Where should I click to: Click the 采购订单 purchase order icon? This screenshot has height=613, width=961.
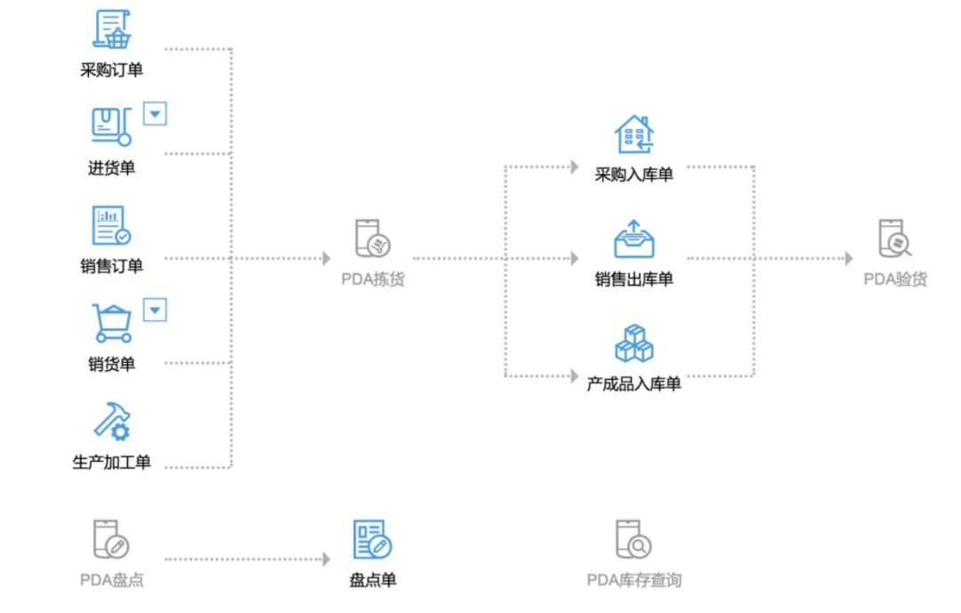[111, 28]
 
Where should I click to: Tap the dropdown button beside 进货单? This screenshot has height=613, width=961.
[155, 114]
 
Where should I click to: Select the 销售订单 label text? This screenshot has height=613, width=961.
[111, 266]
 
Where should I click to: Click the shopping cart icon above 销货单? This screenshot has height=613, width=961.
[111, 323]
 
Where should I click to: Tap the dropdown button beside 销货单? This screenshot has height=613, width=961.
[155, 311]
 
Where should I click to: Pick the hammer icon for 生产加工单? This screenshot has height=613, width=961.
[111, 421]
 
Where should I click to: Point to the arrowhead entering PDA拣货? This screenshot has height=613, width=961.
[327, 258]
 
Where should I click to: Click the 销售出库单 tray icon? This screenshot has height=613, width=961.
[634, 239]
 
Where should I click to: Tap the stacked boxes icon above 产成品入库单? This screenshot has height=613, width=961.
[634, 343]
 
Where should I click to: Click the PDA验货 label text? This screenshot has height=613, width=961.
[895, 279]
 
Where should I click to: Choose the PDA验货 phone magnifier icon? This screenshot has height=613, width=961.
[895, 238]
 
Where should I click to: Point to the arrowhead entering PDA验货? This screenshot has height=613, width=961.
[849, 258]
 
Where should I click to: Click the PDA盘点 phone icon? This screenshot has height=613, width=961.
[111, 539]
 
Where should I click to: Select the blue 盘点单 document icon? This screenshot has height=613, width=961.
[373, 539]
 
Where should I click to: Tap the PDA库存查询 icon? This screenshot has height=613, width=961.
[634, 539]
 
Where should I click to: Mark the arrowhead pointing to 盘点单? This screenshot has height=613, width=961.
[327, 559]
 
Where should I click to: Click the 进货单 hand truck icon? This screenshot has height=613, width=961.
[111, 126]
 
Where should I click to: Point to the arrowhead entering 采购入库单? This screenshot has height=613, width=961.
[574, 166]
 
